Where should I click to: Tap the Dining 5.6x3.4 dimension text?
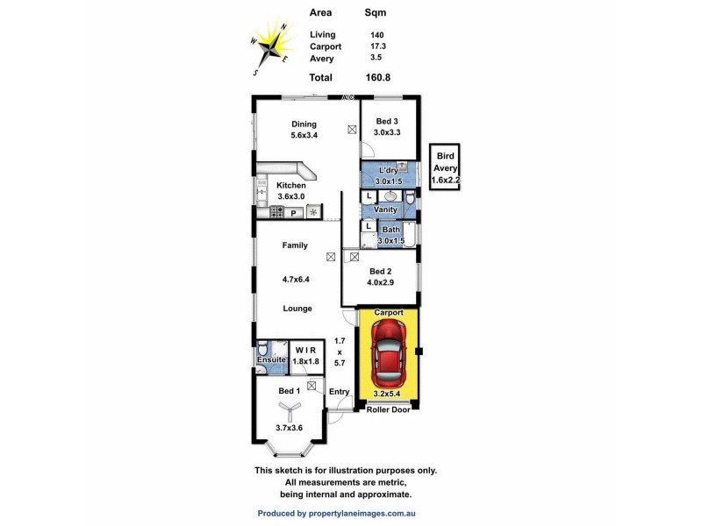tap(304, 136)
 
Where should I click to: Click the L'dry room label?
tap(388, 170)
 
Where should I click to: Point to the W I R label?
tap(304, 351)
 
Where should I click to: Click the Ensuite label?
tap(270, 360)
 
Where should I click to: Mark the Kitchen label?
tap(291, 186)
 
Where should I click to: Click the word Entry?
tap(340, 392)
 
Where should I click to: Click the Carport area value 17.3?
tap(377, 46)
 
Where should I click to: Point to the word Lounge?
tap(297, 309)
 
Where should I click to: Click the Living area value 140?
tap(376, 34)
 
